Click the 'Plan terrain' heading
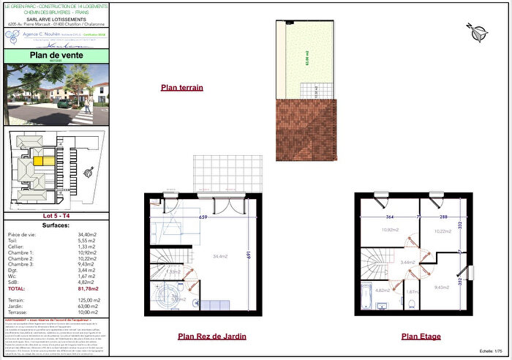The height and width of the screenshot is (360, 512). pos(181,88)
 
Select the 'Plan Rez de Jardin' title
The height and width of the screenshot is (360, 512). pos(211,337)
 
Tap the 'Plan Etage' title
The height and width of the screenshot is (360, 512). pos(420,337)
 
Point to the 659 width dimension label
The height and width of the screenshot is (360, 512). pos(204,217)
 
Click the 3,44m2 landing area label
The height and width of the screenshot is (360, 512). pos(408,261)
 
